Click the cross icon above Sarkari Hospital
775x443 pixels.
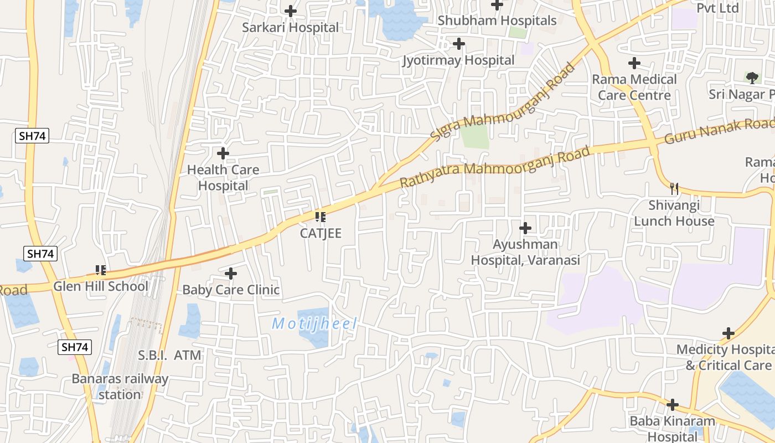(291, 11)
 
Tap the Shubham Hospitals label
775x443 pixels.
(497, 20)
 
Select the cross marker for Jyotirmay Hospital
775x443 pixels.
(459, 44)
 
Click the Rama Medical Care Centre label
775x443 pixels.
(634, 87)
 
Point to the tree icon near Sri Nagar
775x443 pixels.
(751, 78)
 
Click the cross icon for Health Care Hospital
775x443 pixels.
(223, 153)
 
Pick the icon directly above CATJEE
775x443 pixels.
(320, 217)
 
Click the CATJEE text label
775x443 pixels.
(321, 233)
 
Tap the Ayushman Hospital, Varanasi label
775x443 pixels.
(525, 252)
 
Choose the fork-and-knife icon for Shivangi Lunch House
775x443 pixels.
(674, 189)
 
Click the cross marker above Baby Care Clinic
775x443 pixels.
(231, 274)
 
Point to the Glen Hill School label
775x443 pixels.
(101, 286)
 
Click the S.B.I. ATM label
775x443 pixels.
(170, 355)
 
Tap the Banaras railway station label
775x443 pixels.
(120, 387)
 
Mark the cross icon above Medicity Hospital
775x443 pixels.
(728, 333)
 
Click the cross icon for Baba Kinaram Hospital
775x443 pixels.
(673, 405)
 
